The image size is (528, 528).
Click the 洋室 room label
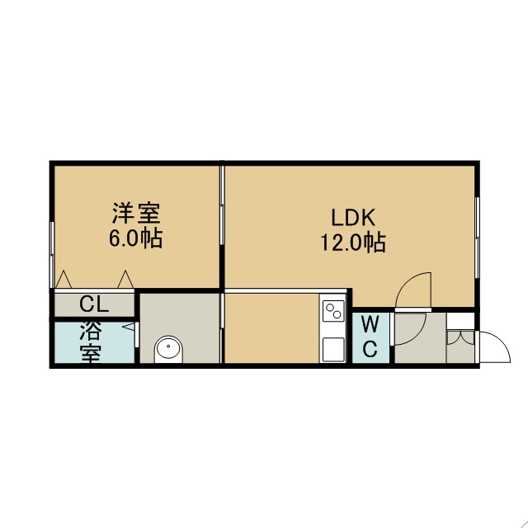(x=136, y=213)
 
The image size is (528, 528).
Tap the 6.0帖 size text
(x=135, y=238)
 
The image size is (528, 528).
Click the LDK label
(x=353, y=218)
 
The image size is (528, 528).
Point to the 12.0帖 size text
(x=353, y=243)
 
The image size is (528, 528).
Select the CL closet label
(x=94, y=304)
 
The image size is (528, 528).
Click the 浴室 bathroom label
(x=91, y=342)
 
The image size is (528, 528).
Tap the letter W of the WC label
(x=370, y=324)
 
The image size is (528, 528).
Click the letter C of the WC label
(x=370, y=348)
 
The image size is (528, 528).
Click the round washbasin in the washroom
(x=168, y=349)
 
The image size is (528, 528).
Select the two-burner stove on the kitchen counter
(x=333, y=311)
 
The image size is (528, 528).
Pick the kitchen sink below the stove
(x=333, y=350)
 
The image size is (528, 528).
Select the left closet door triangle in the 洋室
(x=64, y=279)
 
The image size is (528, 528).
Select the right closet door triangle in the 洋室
(x=125, y=279)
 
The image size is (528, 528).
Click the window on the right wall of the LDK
(x=477, y=238)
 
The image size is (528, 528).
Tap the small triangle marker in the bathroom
(x=129, y=327)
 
